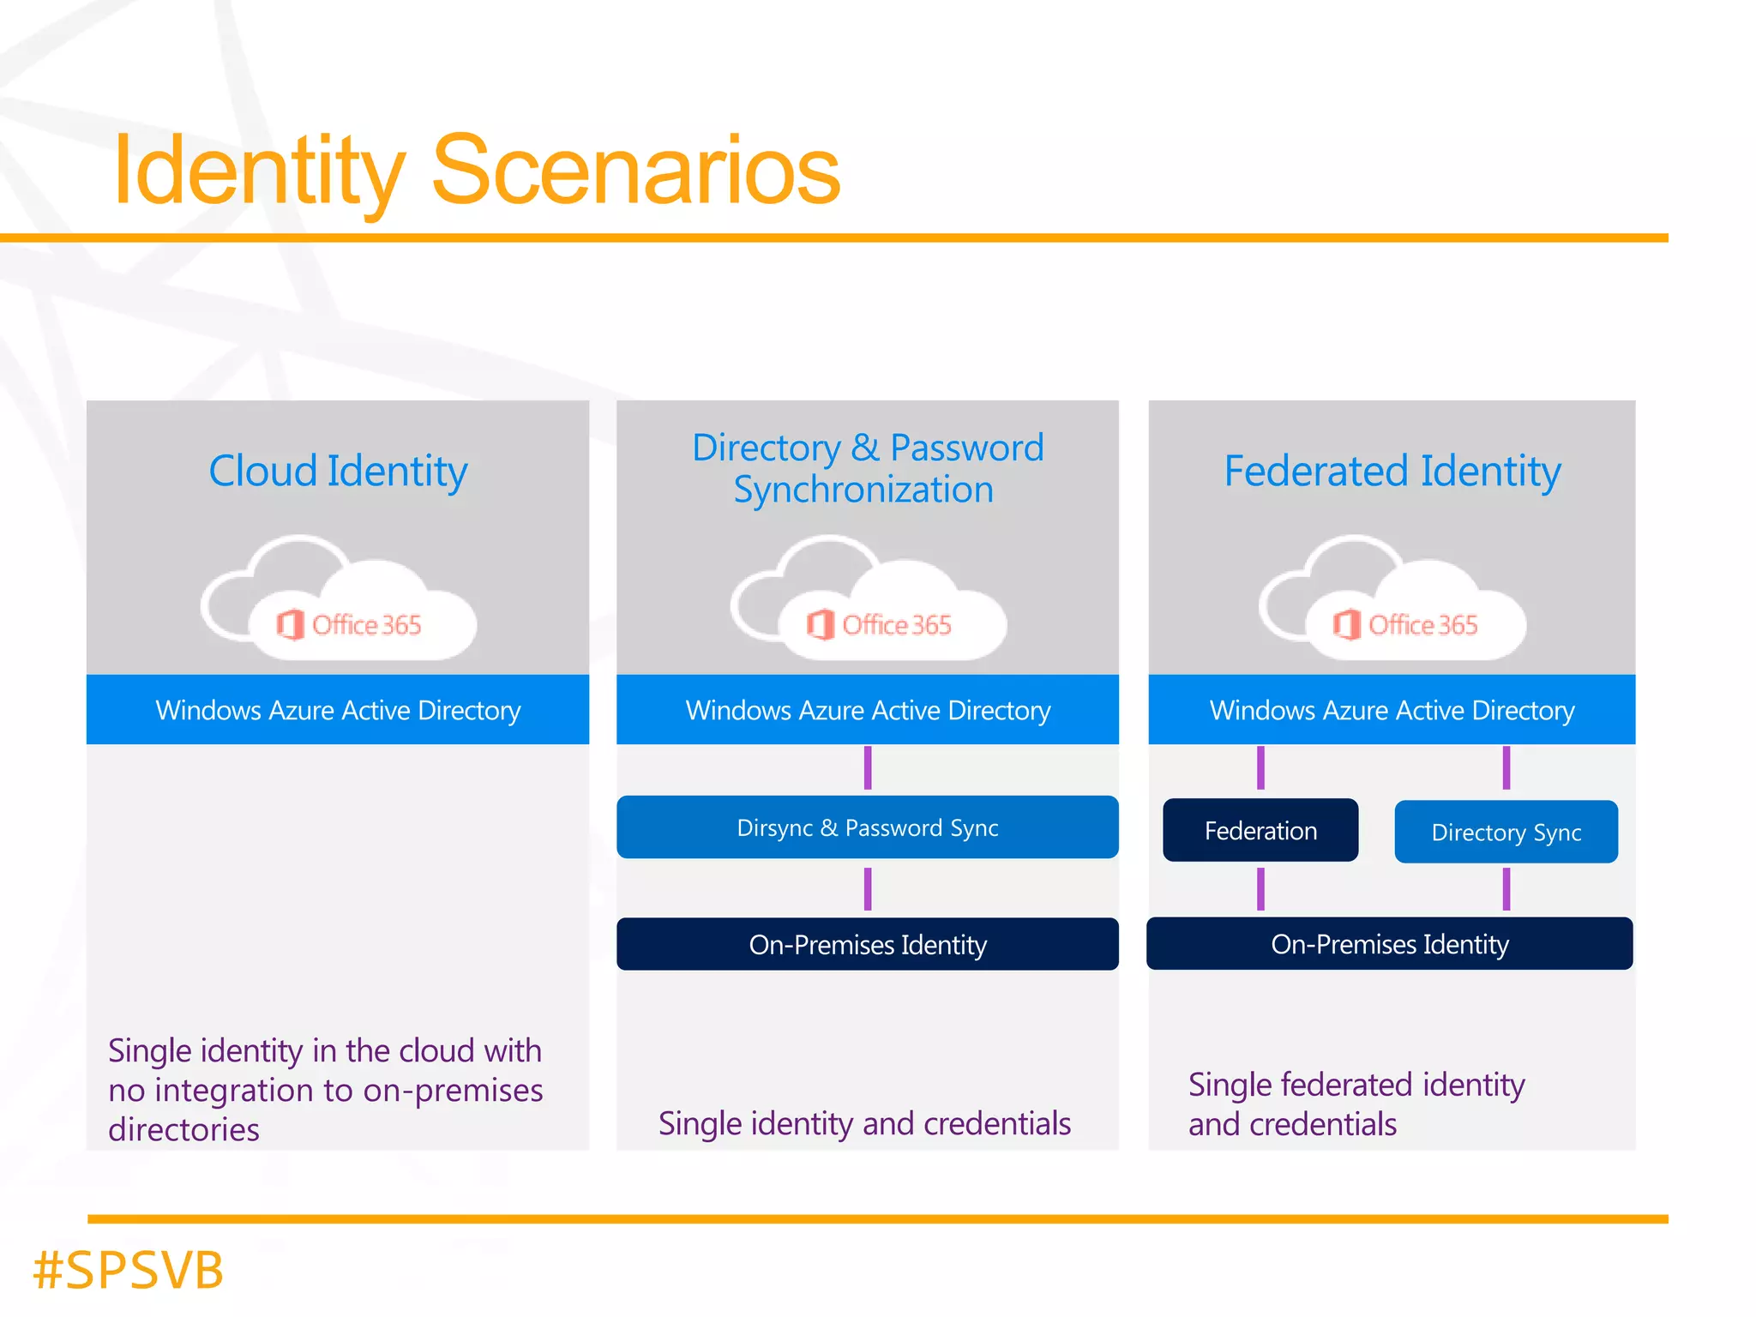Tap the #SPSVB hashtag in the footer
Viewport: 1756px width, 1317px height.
pyautogui.click(x=128, y=1270)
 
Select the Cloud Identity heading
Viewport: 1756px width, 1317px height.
pyautogui.click(x=338, y=471)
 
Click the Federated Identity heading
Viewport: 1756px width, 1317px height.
pyautogui.click(x=1392, y=471)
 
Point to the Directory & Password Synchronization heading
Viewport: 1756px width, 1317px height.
pyautogui.click(x=867, y=468)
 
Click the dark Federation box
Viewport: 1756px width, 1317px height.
pyautogui.click(x=1260, y=830)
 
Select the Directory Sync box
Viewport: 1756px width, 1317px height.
pyautogui.click(x=1506, y=832)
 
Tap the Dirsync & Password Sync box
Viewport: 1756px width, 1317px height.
pyautogui.click(x=867, y=827)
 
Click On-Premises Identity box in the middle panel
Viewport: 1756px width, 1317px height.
pyautogui.click(x=867, y=944)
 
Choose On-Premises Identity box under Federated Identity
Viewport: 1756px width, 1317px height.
pyautogui.click(x=1389, y=943)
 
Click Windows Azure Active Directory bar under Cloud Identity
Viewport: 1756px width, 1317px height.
pyautogui.click(x=338, y=709)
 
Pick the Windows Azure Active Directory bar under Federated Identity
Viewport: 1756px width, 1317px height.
pyautogui.click(x=1392, y=709)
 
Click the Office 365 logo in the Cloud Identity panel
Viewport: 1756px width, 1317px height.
pyautogui.click(x=349, y=624)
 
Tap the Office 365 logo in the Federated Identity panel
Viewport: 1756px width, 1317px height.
pyautogui.click(x=1405, y=624)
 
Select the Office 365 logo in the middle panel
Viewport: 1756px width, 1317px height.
pyautogui.click(x=879, y=624)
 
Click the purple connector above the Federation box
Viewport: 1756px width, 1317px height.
pyautogui.click(x=1260, y=767)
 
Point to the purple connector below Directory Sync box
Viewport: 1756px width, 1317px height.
pyautogui.click(x=1506, y=888)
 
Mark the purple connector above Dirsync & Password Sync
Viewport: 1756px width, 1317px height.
pyautogui.click(x=868, y=767)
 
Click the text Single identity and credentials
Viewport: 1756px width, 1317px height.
pyautogui.click(x=864, y=1123)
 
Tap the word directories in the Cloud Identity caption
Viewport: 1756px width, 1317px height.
pyautogui.click(x=183, y=1129)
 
